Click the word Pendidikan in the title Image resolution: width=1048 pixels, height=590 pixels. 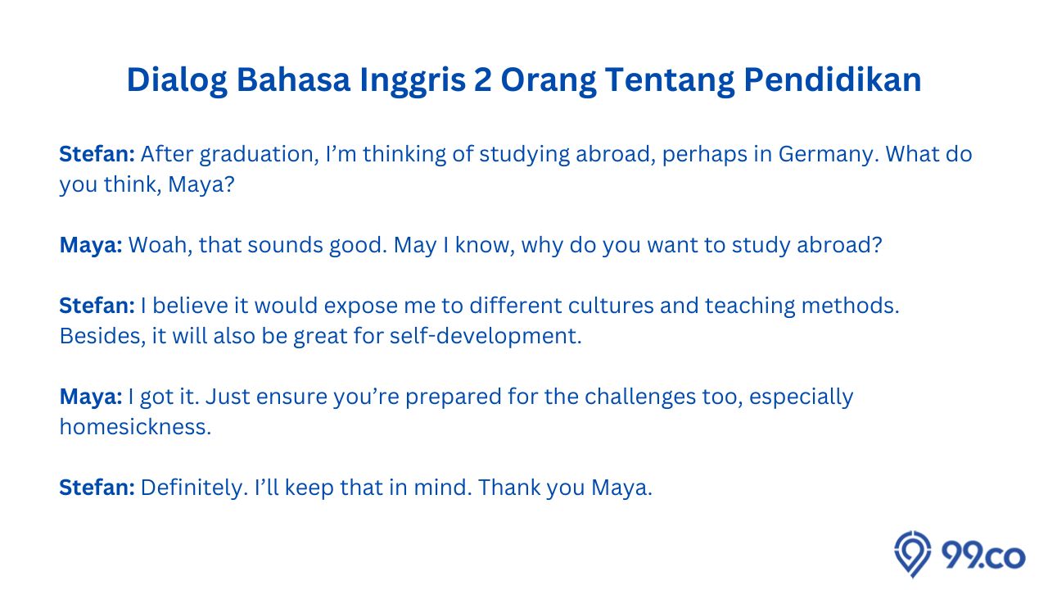(833, 79)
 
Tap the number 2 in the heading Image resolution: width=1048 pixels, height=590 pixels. (483, 79)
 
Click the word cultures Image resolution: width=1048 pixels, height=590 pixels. (611, 306)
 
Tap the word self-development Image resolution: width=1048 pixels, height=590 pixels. (486, 336)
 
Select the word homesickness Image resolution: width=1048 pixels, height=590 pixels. (136, 427)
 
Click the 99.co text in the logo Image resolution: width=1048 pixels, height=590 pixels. (983, 556)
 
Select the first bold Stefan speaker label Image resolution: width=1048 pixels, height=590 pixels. (97, 154)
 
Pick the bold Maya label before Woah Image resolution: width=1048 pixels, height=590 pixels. (91, 246)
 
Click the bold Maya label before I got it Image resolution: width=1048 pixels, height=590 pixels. (91, 397)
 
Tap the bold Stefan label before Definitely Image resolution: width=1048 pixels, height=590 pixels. (97, 488)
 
